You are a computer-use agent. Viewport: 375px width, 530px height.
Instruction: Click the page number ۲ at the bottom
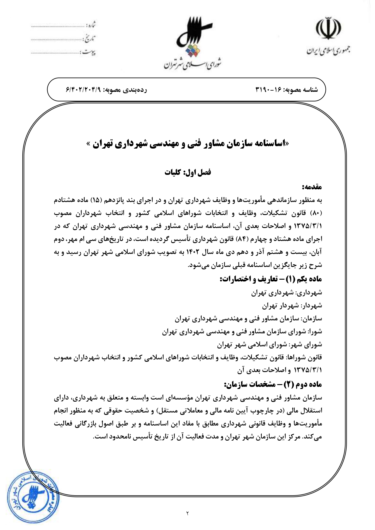[187, 513]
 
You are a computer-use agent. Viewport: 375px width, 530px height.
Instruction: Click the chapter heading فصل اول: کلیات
[188, 172]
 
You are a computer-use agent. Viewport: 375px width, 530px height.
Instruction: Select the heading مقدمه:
[312, 187]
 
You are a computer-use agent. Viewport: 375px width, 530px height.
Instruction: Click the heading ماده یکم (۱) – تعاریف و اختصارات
[271, 279]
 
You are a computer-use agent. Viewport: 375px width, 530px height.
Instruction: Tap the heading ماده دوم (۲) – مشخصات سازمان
[273, 384]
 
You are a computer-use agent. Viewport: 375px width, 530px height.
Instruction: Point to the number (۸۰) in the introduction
[317, 213]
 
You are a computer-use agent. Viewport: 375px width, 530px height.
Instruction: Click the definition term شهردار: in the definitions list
[311, 306]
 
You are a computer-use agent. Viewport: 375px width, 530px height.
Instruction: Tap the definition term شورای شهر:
[305, 345]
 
